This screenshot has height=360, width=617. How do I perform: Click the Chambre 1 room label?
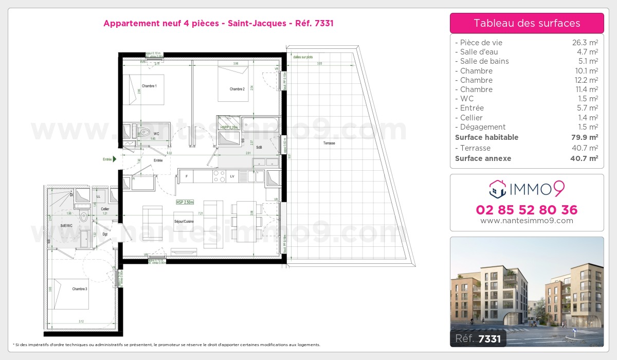point(149,85)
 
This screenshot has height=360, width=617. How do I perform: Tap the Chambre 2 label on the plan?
point(237,89)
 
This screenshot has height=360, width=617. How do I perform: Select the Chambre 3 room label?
point(80,289)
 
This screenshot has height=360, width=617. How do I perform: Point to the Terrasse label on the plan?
point(329,143)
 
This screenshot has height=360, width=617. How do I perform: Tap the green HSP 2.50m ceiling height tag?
point(185,203)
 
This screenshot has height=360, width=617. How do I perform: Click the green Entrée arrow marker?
point(115,159)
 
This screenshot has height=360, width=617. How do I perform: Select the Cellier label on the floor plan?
point(105,209)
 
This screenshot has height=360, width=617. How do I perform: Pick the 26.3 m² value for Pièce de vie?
point(586,43)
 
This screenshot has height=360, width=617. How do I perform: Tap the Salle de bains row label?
point(484,61)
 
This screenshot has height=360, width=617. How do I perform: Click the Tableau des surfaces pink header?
point(527,23)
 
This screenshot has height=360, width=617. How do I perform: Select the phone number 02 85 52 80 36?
point(527,210)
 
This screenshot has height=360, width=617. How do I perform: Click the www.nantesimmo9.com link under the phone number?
point(527,221)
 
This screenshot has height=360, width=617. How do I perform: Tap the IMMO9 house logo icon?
point(498,189)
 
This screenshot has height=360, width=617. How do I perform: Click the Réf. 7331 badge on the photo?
point(478,338)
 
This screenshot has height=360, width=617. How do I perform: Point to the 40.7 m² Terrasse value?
point(586,148)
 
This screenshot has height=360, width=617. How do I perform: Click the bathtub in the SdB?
point(260,124)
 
